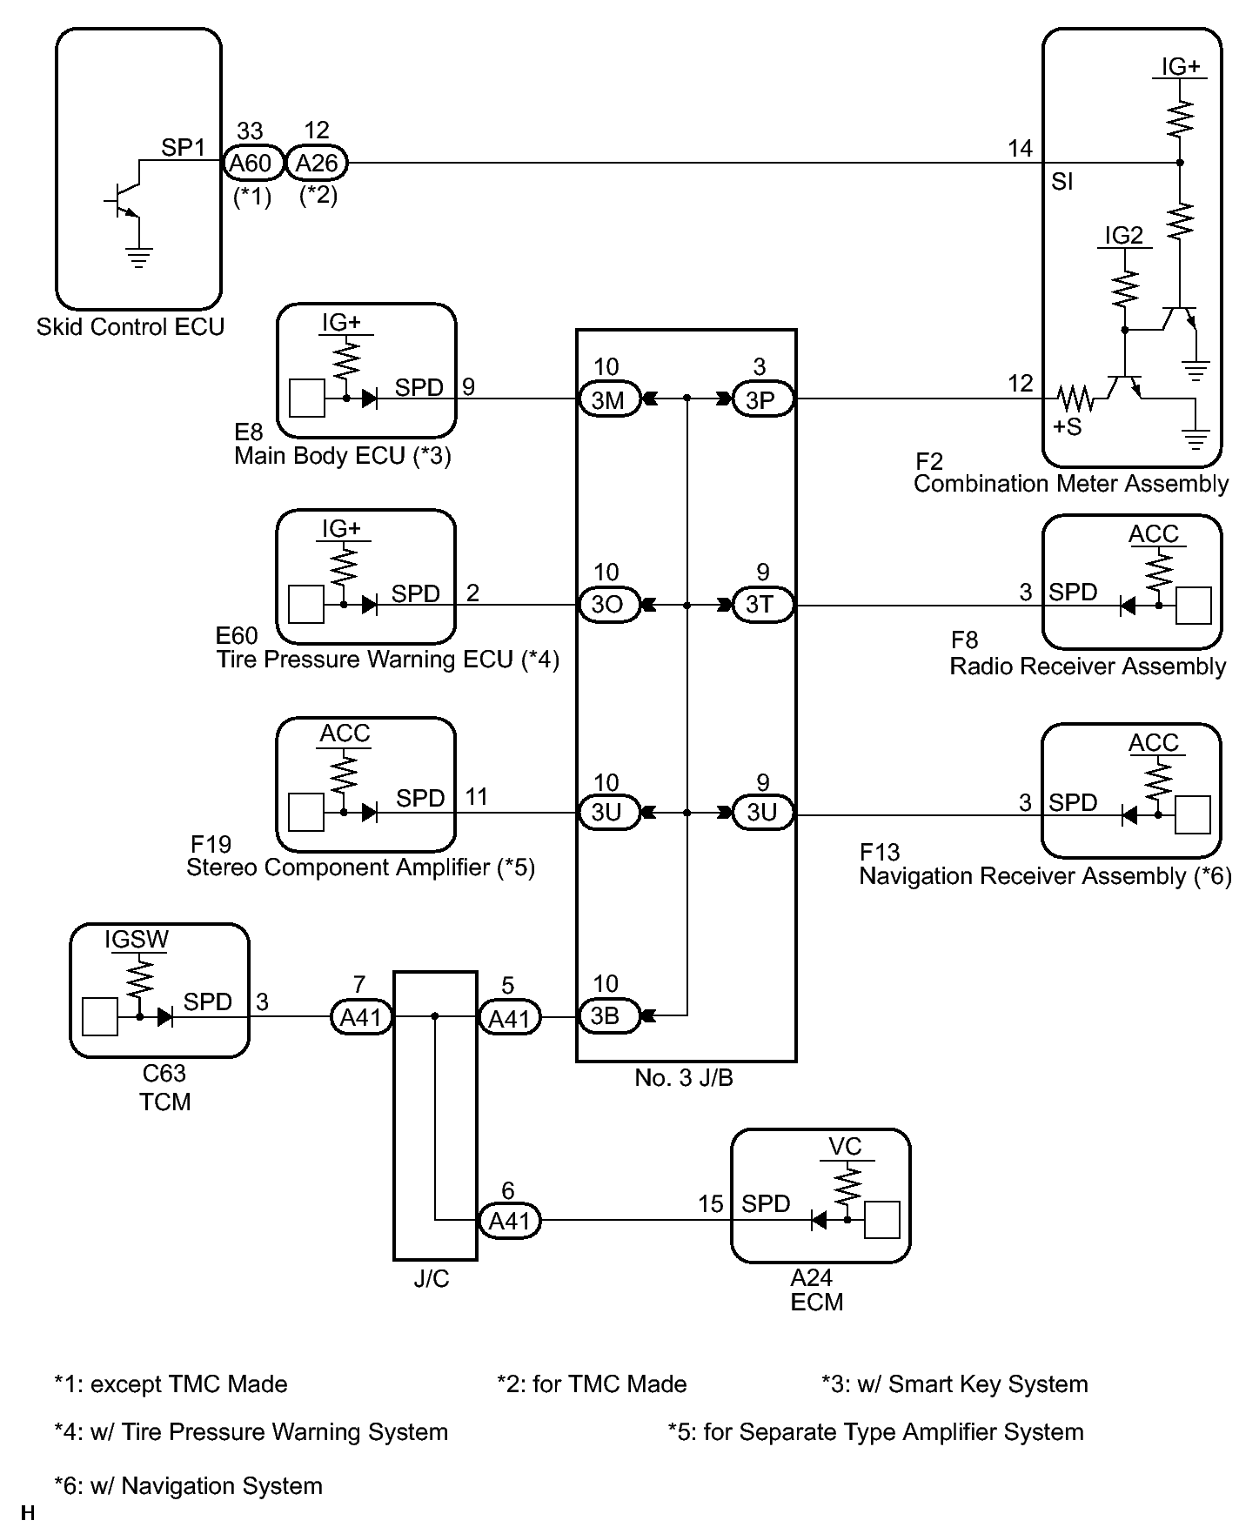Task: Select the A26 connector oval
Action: tap(317, 163)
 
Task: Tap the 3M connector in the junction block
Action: tap(609, 399)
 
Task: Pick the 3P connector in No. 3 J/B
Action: tap(762, 399)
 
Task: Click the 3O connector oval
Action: tap(609, 604)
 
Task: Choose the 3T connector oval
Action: tap(762, 604)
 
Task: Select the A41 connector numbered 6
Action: tap(510, 1221)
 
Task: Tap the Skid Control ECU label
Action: tap(131, 327)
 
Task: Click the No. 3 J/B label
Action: tap(684, 1078)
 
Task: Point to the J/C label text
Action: tap(432, 1278)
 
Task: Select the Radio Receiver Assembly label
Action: tap(1088, 667)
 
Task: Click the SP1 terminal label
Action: tap(183, 147)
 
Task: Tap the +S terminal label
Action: tap(1067, 427)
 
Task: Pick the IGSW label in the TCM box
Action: tap(137, 940)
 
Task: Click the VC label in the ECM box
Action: tap(845, 1146)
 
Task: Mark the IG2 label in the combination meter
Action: tap(1123, 236)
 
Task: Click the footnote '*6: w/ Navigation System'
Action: tap(188, 1485)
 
